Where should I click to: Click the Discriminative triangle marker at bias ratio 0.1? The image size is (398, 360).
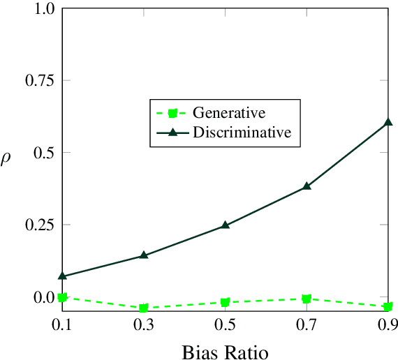click(62, 276)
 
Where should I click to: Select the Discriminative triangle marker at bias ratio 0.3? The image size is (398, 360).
click(144, 255)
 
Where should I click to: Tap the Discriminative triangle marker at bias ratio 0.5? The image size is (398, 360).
click(225, 225)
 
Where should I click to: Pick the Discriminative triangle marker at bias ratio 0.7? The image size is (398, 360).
click(307, 186)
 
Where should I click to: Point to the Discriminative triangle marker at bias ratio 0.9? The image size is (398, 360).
click(388, 123)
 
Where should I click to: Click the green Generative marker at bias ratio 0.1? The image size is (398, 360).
click(62, 297)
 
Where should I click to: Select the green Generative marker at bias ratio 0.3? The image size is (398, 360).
click(144, 308)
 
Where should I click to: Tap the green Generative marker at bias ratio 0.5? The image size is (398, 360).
click(225, 303)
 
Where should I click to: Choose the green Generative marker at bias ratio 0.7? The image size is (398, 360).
click(307, 299)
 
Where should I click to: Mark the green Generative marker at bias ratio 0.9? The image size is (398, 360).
click(388, 306)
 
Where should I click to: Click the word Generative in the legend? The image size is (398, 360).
click(228, 112)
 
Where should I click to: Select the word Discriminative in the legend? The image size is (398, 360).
click(242, 132)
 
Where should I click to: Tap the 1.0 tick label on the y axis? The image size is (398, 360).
click(44, 8)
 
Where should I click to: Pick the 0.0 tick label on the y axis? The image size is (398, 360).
click(44, 297)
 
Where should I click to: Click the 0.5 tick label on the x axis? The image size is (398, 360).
click(225, 325)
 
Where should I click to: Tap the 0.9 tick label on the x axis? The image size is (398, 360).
click(386, 325)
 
